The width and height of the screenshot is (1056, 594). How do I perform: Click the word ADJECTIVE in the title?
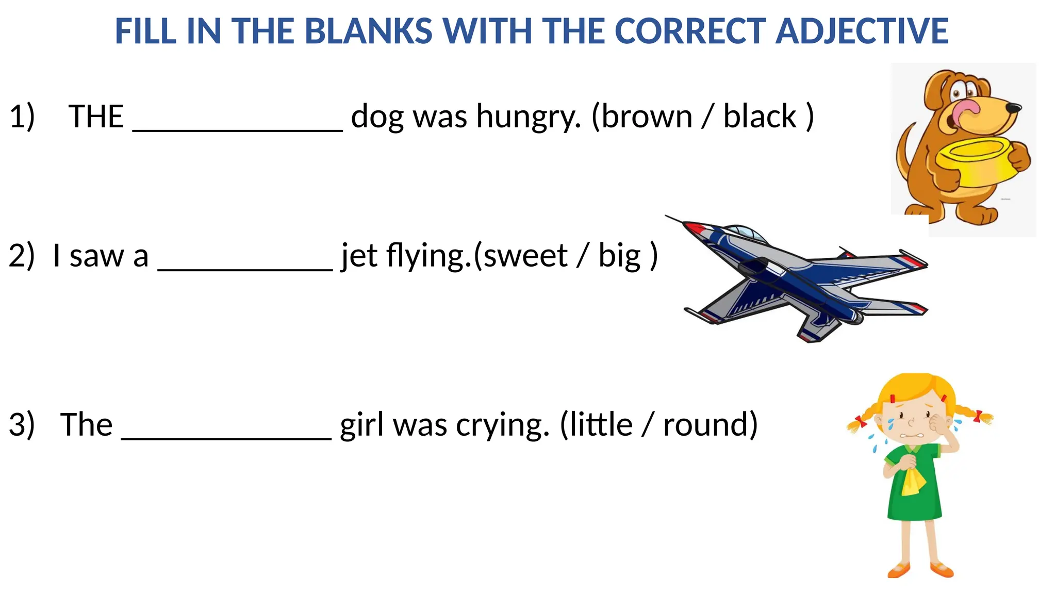862,31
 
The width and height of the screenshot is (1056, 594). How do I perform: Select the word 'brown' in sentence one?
647,117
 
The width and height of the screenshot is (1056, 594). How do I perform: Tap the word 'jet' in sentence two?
359,256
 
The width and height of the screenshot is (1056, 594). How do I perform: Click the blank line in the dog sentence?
238,130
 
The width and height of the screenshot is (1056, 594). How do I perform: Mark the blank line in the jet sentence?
245,269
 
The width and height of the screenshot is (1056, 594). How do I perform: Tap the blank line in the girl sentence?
226,438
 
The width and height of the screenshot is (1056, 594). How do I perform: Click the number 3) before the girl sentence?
22,425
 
